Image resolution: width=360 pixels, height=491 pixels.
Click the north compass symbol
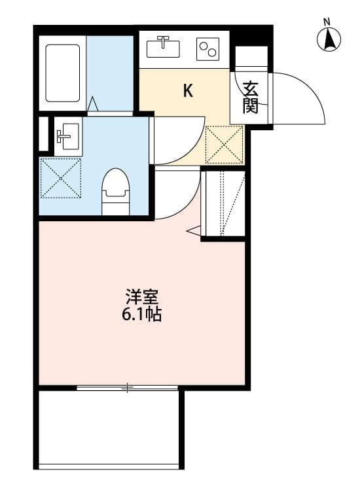click(330, 39)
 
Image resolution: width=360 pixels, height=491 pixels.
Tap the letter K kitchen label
click(187, 91)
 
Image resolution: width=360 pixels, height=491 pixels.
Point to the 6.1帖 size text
click(141, 315)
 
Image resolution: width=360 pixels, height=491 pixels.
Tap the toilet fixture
click(116, 191)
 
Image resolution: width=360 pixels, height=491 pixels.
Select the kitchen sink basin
click(164, 47)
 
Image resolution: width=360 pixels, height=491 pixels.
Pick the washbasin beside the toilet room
click(67, 137)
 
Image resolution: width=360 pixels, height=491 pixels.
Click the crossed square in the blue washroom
click(61, 177)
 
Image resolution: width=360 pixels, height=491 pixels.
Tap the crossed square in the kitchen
click(224, 144)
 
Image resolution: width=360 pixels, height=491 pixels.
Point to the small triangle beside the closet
click(194, 230)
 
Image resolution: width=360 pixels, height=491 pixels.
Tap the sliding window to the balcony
click(128, 388)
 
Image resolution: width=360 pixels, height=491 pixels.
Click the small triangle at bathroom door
click(92, 103)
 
